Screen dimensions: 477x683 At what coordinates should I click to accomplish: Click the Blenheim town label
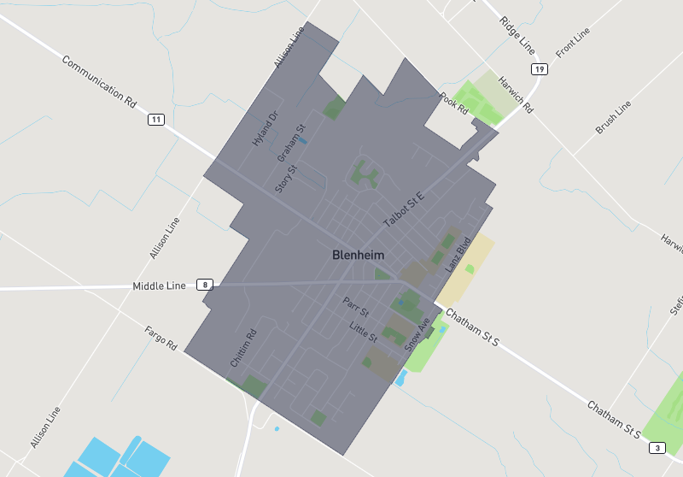pyautogui.click(x=358, y=255)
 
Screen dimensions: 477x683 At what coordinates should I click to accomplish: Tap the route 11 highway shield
pyautogui.click(x=155, y=119)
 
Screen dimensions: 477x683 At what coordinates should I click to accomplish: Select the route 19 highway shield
pyautogui.click(x=538, y=68)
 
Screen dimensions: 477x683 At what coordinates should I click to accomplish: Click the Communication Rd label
pyautogui.click(x=100, y=81)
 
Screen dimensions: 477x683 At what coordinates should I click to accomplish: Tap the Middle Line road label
pyautogui.click(x=159, y=286)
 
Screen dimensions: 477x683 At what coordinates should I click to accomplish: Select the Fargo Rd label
pyautogui.click(x=161, y=339)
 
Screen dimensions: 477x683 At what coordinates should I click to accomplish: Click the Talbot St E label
pyautogui.click(x=404, y=209)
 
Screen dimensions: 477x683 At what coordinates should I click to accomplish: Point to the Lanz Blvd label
pyautogui.click(x=458, y=255)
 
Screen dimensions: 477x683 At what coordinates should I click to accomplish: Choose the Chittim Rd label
pyautogui.click(x=243, y=349)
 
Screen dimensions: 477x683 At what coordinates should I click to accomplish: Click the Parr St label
pyautogui.click(x=354, y=305)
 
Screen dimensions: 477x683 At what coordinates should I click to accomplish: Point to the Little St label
pyautogui.click(x=363, y=327)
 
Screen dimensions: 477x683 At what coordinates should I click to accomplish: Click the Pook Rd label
pyautogui.click(x=453, y=104)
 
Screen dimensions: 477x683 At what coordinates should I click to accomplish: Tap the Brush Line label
pyautogui.click(x=613, y=117)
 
